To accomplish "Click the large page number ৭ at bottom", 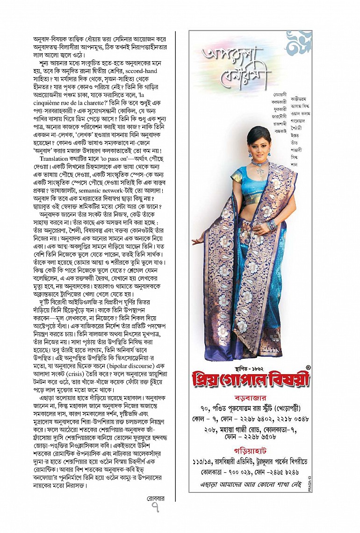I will [156, 507].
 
